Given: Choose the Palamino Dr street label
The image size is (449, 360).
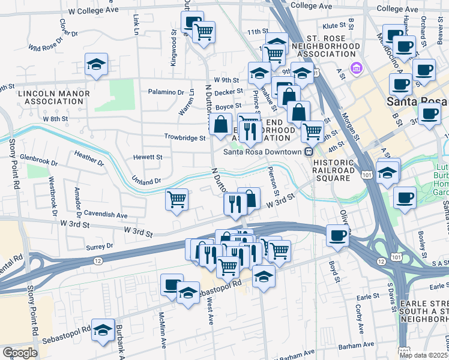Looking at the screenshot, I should [166, 92].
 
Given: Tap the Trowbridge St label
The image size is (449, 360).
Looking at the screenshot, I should [185, 137].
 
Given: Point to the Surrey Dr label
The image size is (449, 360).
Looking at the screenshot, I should [100, 246].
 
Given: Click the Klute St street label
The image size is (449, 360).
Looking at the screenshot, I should [335, 26].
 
